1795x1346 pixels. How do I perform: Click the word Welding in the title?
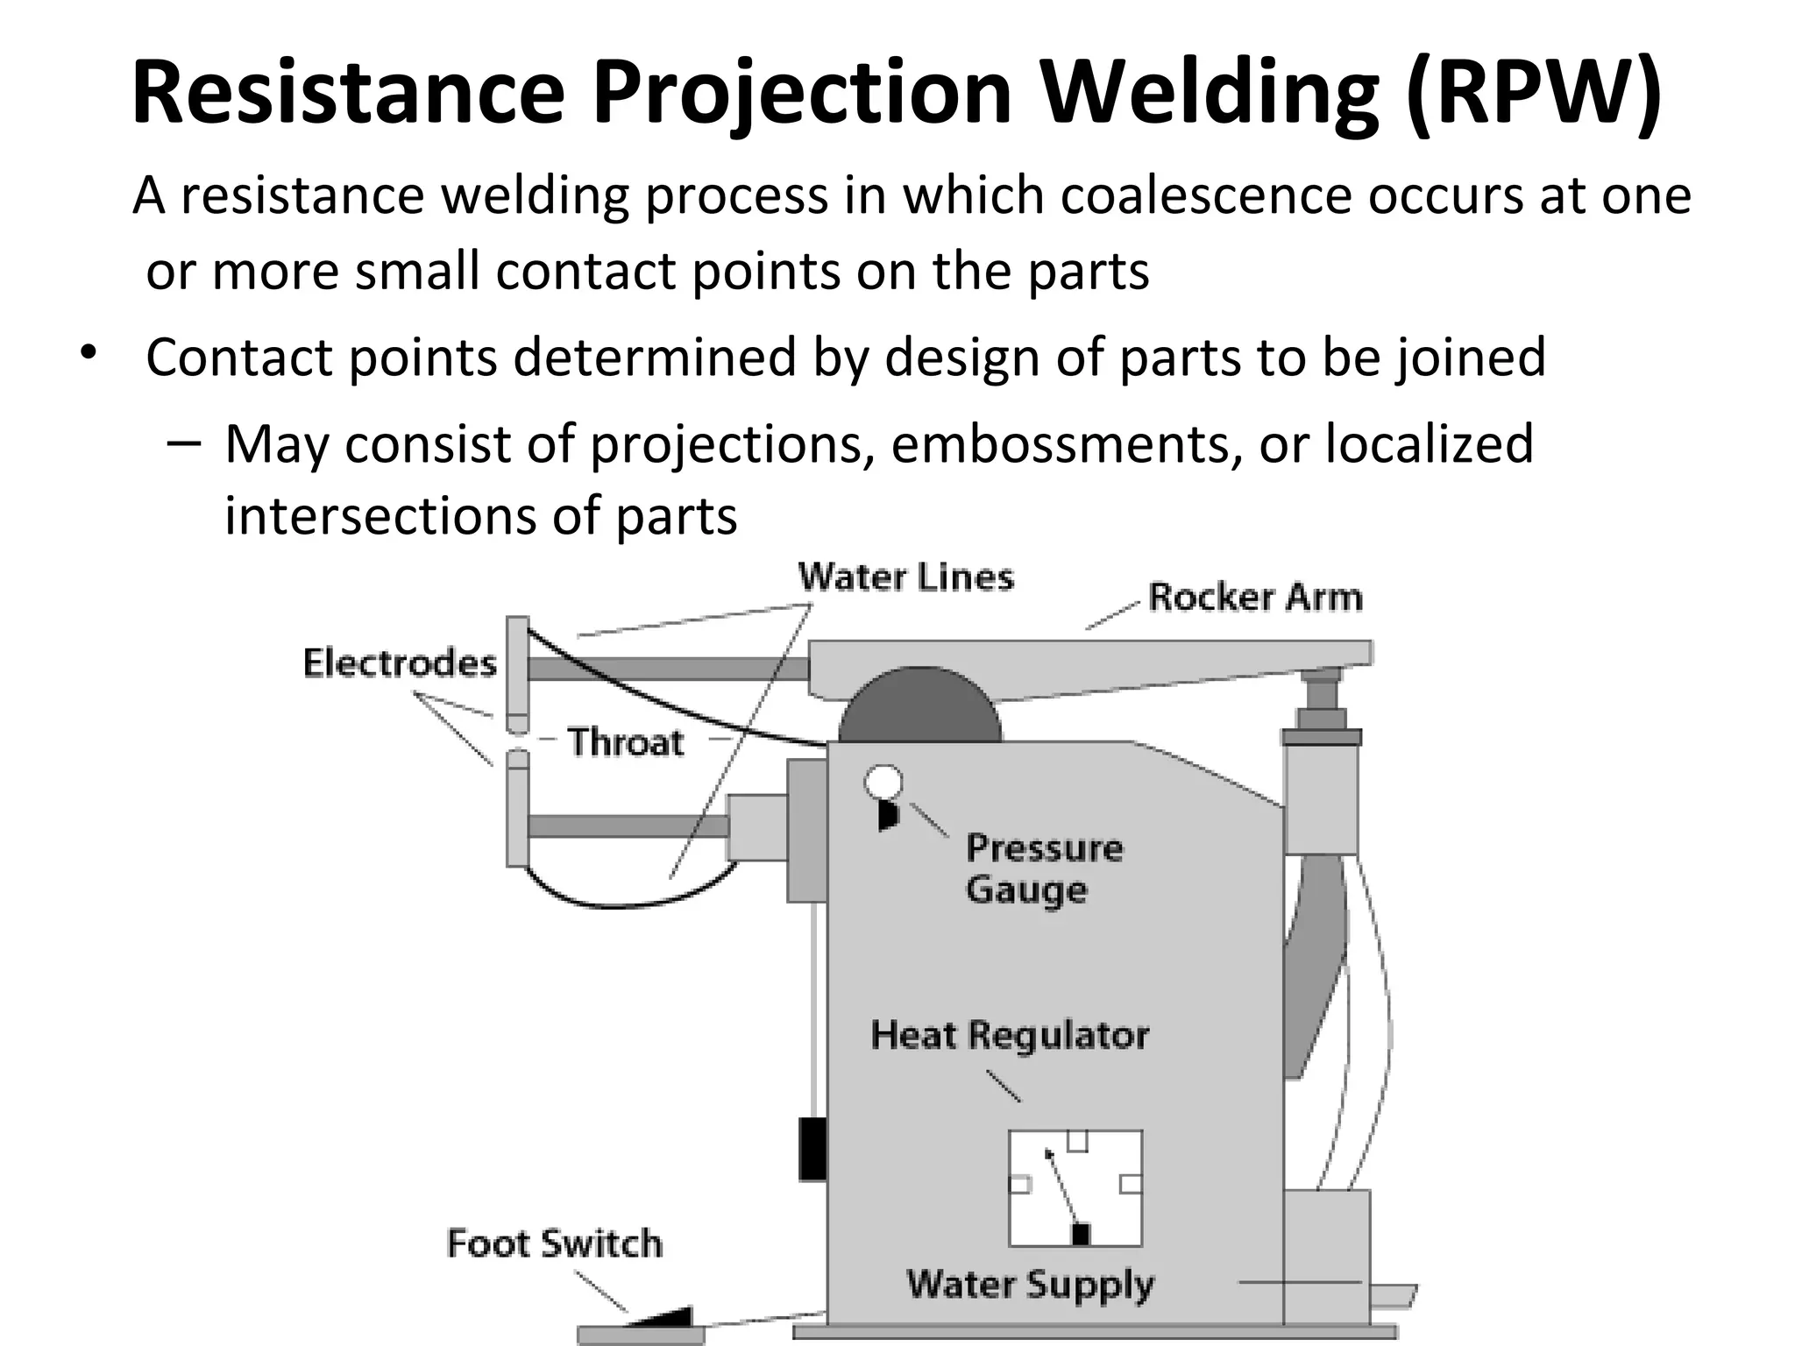click(1210, 92)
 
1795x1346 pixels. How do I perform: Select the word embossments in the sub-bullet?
click(1066, 443)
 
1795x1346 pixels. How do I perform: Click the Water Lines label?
click(905, 577)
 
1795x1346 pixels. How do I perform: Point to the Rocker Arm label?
click(1255, 598)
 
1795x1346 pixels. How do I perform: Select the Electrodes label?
click(400, 663)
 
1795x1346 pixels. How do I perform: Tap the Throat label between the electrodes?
click(626, 742)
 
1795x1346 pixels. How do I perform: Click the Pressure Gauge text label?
click(1043, 868)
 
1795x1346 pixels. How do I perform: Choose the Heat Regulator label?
click(1009, 1036)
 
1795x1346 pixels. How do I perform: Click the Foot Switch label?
click(554, 1243)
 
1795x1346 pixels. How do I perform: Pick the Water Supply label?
click(1030, 1285)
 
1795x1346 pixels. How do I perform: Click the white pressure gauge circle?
click(883, 782)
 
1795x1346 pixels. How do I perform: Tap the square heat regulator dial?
click(1075, 1188)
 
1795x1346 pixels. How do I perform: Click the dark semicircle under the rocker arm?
click(919, 710)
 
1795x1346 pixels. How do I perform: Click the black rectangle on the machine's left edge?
click(812, 1149)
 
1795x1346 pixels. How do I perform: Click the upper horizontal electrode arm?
click(666, 669)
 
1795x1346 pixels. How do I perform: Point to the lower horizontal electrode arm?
click(627, 826)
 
